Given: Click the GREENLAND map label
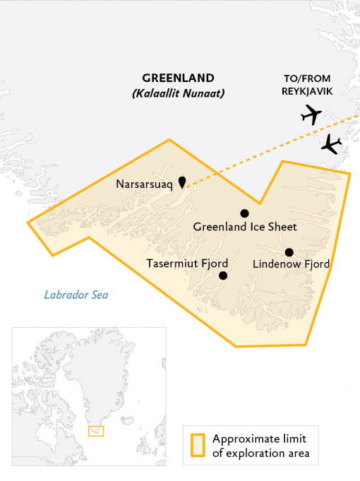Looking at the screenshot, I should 178,78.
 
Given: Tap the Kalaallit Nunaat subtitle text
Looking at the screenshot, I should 178,93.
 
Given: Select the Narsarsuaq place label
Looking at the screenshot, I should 144,184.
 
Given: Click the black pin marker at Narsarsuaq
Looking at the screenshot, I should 182,182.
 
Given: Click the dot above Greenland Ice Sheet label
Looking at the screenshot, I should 244,213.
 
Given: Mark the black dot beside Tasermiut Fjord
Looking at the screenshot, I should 223,275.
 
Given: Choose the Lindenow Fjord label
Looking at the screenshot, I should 291,264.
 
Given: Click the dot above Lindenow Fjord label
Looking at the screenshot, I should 289,252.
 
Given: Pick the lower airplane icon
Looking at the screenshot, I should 330,144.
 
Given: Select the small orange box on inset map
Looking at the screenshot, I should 95,431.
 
